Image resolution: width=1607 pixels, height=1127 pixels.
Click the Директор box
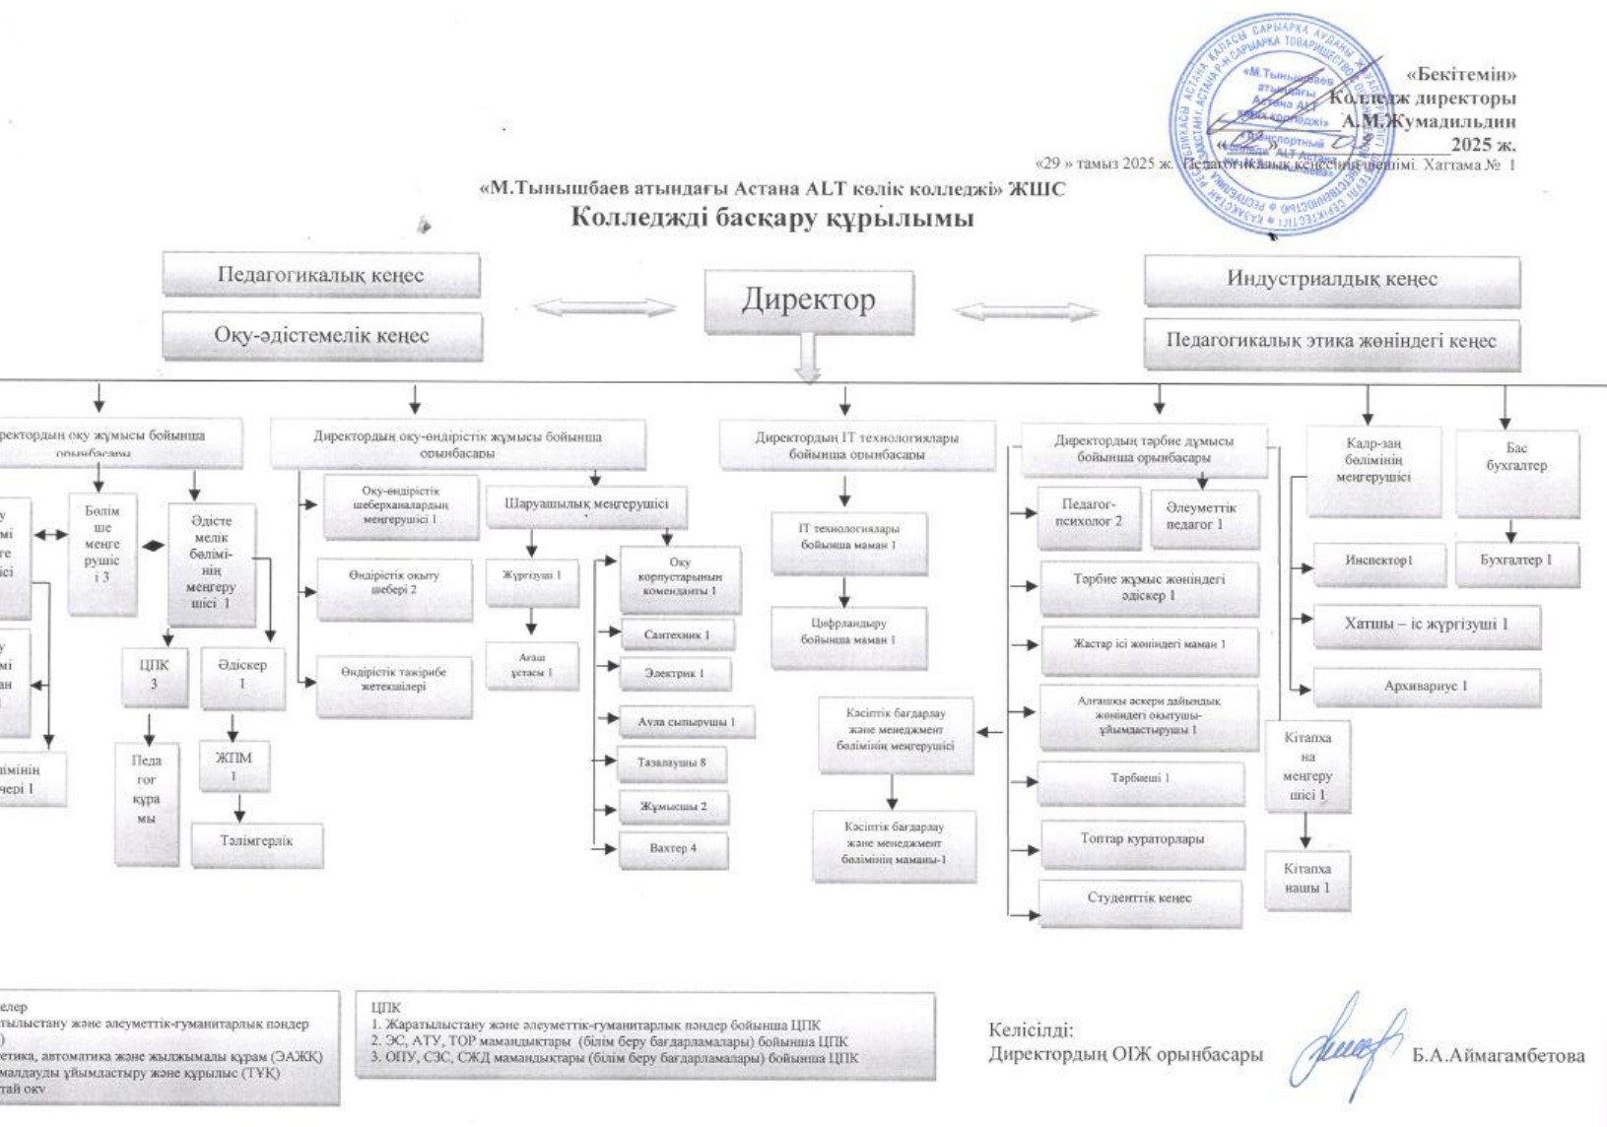click(x=808, y=300)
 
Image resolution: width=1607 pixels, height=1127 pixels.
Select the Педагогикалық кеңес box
click(x=321, y=275)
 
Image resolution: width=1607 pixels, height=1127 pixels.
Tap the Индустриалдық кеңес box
click(x=1331, y=280)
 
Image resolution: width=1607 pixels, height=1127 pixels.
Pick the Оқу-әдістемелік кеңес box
click(x=322, y=336)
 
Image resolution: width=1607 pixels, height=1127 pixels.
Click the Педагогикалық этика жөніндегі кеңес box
click(x=1331, y=342)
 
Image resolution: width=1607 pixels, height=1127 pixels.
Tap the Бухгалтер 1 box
click(x=1516, y=562)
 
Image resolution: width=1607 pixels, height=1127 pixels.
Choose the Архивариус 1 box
click(x=1426, y=687)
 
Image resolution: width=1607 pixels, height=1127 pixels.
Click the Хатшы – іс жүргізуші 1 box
click(x=1426, y=625)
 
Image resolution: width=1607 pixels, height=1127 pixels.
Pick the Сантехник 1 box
click(x=677, y=635)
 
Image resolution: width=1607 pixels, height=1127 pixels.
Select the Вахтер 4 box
click(x=673, y=849)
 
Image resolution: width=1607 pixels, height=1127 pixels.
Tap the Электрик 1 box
click(x=675, y=675)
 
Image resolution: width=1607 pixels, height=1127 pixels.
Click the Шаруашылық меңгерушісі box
click(x=586, y=505)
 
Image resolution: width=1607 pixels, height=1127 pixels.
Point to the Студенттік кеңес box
click(x=1140, y=899)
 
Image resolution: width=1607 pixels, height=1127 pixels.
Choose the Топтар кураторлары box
click(x=1142, y=840)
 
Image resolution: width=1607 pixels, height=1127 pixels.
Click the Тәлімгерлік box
click(x=256, y=842)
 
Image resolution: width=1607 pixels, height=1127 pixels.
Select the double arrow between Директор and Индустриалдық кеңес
click(x=1026, y=312)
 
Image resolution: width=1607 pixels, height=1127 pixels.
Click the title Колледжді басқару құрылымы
click(x=772, y=218)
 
